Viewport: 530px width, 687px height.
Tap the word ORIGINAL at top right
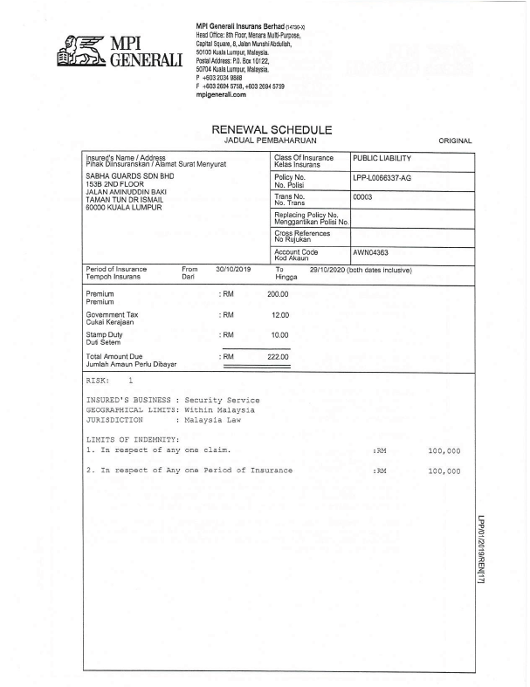454,141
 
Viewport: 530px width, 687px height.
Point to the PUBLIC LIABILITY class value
382,158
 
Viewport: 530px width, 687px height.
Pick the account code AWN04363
371,251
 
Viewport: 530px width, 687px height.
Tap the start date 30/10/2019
233,270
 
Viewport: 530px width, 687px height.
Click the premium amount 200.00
278,294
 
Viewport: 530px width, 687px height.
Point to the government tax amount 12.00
280,314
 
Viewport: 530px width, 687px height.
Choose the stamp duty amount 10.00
280,334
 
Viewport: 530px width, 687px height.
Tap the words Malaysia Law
219,419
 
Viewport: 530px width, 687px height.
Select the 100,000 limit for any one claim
444,451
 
